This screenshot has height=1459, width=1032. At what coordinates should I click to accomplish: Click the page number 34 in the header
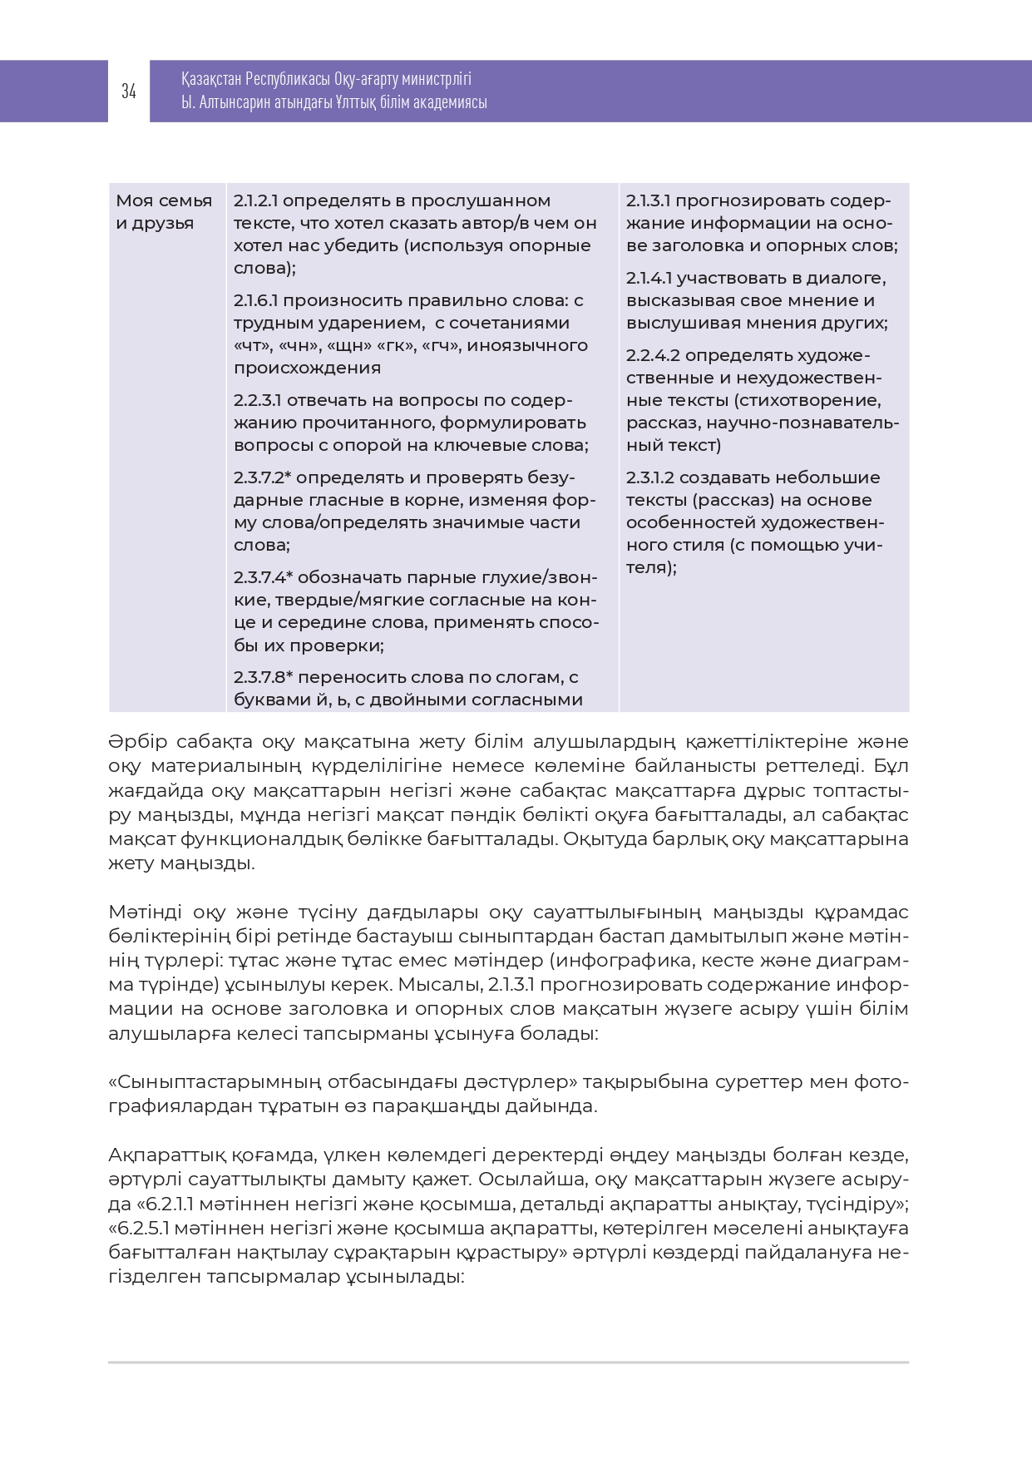click(x=129, y=91)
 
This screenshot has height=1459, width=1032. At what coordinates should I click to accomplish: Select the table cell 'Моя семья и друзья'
click(x=164, y=212)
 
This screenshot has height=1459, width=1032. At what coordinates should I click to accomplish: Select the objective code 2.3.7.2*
click(x=262, y=478)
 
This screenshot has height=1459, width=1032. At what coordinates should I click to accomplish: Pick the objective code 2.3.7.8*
click(x=263, y=678)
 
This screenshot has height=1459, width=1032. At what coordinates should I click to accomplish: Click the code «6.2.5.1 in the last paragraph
click(x=149, y=1229)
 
